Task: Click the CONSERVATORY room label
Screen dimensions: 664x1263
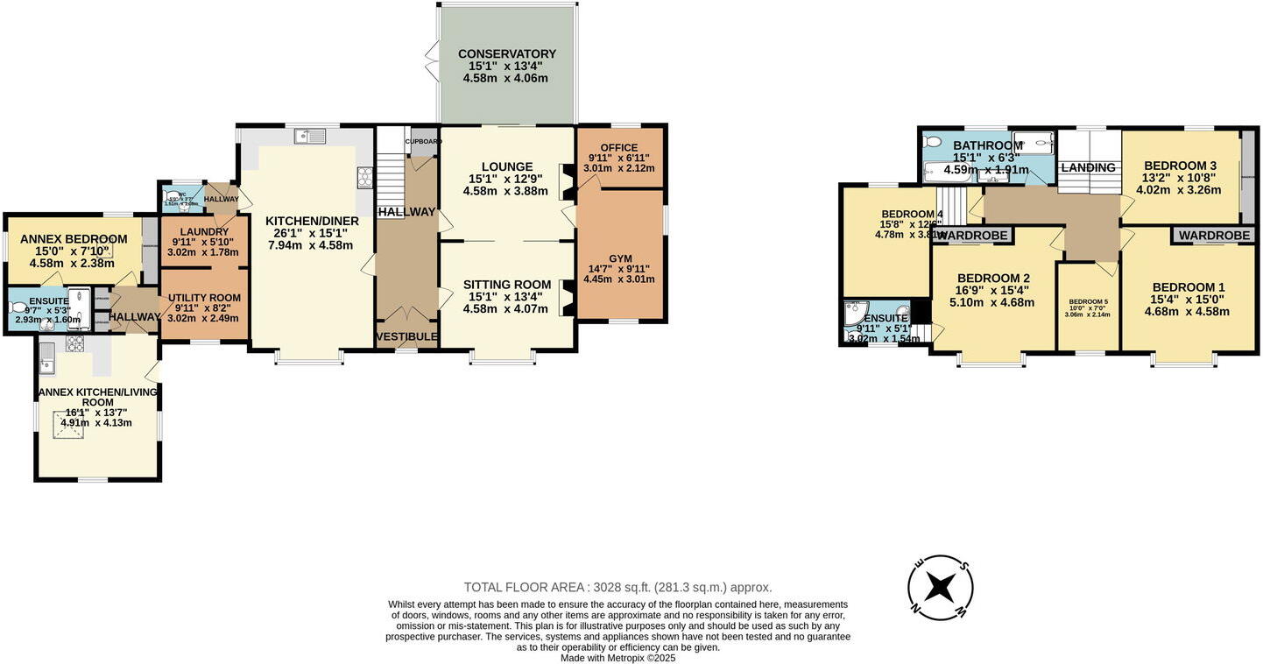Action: click(x=506, y=54)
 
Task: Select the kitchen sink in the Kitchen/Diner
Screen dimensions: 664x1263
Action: click(x=311, y=136)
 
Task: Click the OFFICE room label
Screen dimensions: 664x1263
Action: click(x=619, y=147)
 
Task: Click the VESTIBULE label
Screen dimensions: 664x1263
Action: click(x=406, y=336)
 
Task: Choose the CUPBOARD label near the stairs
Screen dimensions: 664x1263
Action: click(x=423, y=141)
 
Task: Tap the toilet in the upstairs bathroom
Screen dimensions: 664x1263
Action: click(x=932, y=142)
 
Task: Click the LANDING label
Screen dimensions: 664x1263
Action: click(x=1088, y=167)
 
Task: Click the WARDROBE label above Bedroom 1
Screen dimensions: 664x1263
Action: click(x=1213, y=236)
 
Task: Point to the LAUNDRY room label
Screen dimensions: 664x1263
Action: click(x=205, y=231)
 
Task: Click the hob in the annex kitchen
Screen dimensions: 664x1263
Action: click(x=74, y=343)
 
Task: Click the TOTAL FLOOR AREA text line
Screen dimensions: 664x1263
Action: click(x=617, y=588)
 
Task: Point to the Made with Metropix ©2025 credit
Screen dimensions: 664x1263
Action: click(x=617, y=658)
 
